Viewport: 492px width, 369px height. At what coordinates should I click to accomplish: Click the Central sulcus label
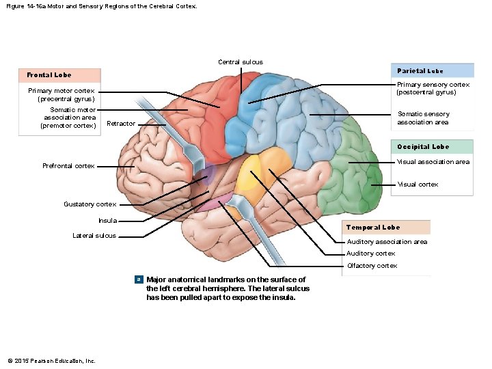click(x=240, y=62)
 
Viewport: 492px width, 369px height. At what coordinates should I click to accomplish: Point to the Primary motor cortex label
click(x=61, y=95)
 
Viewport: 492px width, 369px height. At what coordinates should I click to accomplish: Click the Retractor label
click(x=121, y=124)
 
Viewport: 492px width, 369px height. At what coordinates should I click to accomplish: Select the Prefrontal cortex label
click(x=68, y=166)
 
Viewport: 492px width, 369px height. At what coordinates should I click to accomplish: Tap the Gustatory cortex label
click(x=90, y=204)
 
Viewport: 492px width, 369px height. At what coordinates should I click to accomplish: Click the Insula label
click(x=107, y=221)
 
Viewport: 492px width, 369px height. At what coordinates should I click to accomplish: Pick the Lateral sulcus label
click(x=94, y=236)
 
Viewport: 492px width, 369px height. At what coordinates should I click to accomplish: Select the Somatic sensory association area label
click(x=423, y=118)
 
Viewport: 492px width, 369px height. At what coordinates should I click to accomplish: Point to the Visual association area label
click(x=433, y=162)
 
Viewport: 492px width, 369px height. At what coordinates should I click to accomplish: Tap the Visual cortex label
click(x=418, y=184)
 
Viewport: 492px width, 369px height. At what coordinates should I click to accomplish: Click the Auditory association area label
click(x=387, y=242)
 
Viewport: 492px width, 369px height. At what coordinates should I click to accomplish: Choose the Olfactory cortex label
click(x=372, y=266)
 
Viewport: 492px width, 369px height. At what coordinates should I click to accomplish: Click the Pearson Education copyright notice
click(x=51, y=361)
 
